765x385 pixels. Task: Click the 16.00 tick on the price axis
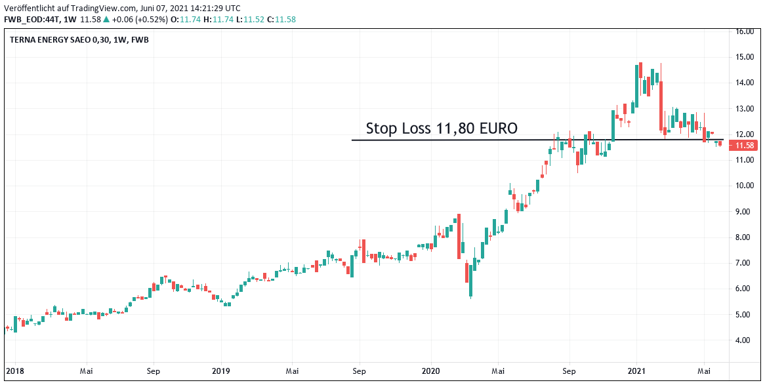tap(744, 31)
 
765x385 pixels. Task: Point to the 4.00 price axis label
tap(744, 340)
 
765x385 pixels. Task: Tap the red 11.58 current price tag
tap(744, 146)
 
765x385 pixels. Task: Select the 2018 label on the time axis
tap(14, 370)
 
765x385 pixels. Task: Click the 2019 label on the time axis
tap(221, 370)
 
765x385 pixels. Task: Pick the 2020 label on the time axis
tap(430, 370)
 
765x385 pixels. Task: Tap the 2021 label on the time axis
tap(638, 370)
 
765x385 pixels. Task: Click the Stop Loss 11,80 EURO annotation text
tap(442, 129)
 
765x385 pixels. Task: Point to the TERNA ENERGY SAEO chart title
tap(79, 40)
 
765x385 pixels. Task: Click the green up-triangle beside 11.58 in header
tap(106, 20)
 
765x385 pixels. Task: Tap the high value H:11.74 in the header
tap(219, 20)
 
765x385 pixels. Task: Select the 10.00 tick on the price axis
tap(744, 186)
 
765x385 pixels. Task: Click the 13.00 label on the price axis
tap(744, 109)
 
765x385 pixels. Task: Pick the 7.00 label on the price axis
tap(744, 263)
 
